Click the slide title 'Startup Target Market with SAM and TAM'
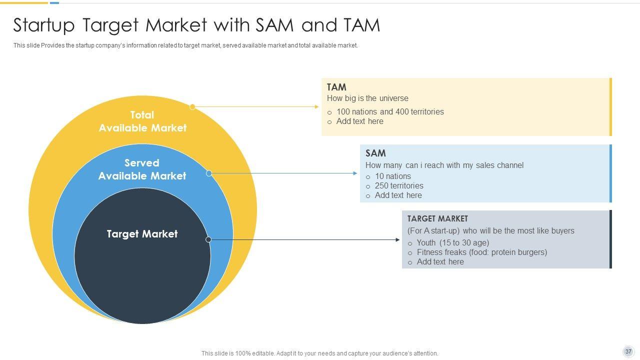(x=196, y=25)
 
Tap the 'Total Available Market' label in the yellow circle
(x=142, y=121)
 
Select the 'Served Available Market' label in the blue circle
(x=142, y=169)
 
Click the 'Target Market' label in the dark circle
(x=142, y=234)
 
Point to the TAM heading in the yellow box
(x=336, y=87)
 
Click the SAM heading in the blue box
(x=375, y=153)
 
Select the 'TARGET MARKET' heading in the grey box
(x=437, y=218)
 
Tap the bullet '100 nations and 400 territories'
(x=390, y=111)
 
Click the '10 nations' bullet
(x=393, y=176)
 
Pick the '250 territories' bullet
(x=399, y=185)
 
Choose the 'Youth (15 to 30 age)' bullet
(x=453, y=242)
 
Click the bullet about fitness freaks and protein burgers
(x=482, y=252)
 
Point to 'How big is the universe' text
(x=367, y=98)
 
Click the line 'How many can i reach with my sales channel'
(x=444, y=165)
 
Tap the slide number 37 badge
(x=628, y=351)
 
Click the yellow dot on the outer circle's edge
(x=192, y=106)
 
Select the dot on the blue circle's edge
(x=209, y=173)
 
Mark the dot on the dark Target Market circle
(x=208, y=239)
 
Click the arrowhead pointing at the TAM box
(x=316, y=106)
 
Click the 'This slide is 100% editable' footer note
(x=319, y=353)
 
